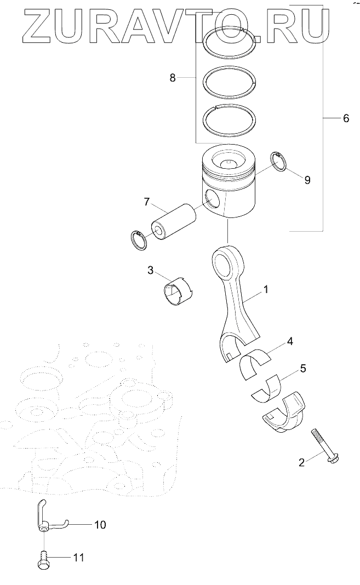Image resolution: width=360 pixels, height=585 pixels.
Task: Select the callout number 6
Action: coord(345,118)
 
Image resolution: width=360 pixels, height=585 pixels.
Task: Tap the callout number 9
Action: coord(307,180)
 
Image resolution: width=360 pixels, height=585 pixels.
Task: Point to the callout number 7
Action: coord(146,202)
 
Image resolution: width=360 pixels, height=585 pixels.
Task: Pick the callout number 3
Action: coord(150,269)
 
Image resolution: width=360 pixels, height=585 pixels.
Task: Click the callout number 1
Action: coord(266,289)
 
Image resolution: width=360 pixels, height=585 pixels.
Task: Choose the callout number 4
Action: coord(290,341)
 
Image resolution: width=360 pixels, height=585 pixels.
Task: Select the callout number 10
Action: coord(100,525)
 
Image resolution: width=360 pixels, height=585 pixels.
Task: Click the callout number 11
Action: coord(79,558)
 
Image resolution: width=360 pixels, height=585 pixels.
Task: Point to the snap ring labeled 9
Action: coord(279,161)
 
